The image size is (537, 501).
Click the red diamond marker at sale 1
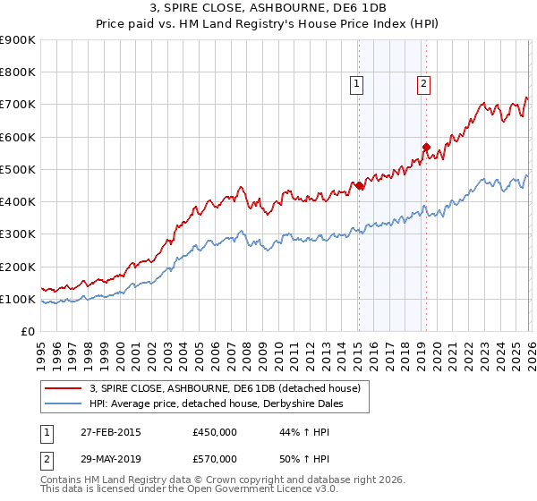(x=359, y=186)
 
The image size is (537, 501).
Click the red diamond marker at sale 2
(x=426, y=147)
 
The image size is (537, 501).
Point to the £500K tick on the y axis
(x=18, y=169)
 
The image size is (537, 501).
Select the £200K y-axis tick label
(x=18, y=267)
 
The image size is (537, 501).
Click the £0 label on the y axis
(x=27, y=331)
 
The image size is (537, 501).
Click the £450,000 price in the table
(x=214, y=432)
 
